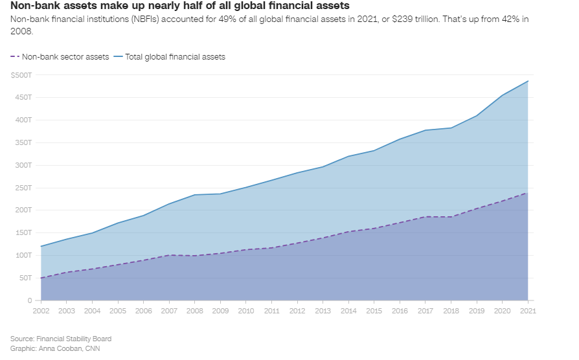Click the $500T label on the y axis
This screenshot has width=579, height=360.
pyautogui.click(x=21, y=75)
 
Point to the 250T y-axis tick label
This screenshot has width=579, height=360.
pyautogui.click(x=23, y=188)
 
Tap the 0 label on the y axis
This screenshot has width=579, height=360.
pyautogui.click(x=30, y=300)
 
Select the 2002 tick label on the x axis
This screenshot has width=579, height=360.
pyautogui.click(x=41, y=311)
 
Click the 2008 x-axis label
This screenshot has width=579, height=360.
pyautogui.click(x=194, y=311)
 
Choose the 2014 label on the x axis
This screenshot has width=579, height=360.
pyautogui.click(x=348, y=311)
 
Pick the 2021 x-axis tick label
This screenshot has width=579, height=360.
pyautogui.click(x=528, y=311)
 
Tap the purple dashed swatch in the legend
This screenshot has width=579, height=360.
pyautogui.click(x=15, y=56)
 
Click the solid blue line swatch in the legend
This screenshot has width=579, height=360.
pyautogui.click(x=118, y=56)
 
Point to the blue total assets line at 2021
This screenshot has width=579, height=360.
pyautogui.click(x=528, y=81)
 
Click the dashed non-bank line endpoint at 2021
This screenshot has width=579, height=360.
pyautogui.click(x=528, y=193)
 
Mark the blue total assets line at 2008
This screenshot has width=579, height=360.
pyautogui.click(x=194, y=195)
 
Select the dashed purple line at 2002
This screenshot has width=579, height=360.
pyautogui.click(x=41, y=278)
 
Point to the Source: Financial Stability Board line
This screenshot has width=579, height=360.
pyautogui.click(x=61, y=339)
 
